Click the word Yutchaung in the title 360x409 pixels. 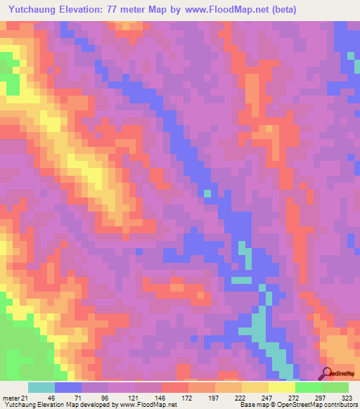point(34,10)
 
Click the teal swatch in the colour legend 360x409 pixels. point(41,387)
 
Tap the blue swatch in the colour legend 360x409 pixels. point(68,387)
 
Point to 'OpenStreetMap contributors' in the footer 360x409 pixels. point(324,405)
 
